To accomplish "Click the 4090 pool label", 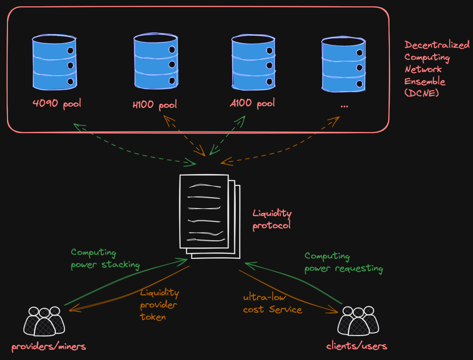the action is tap(57, 104).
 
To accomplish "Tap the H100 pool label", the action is tap(155, 105).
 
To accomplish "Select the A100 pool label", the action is tap(252, 103).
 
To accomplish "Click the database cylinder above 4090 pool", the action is tap(54, 62).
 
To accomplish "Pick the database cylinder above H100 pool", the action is tap(156, 61).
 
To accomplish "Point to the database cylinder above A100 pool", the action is tap(254, 62).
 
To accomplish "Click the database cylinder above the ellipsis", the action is tap(344, 64).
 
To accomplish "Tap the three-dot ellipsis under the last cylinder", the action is tap(344, 106).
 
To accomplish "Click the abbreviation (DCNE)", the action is tap(422, 93).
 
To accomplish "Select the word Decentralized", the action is tap(437, 45).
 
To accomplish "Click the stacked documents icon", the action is tap(210, 216).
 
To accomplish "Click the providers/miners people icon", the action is tap(44, 321).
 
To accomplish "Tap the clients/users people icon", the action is tap(358, 321).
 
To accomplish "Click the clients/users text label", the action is tap(356, 346).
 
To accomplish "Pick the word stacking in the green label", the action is tap(121, 265).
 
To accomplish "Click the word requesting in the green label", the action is tap(359, 269).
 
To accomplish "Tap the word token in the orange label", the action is tap(153, 317).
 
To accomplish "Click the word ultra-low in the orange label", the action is tap(265, 297).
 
